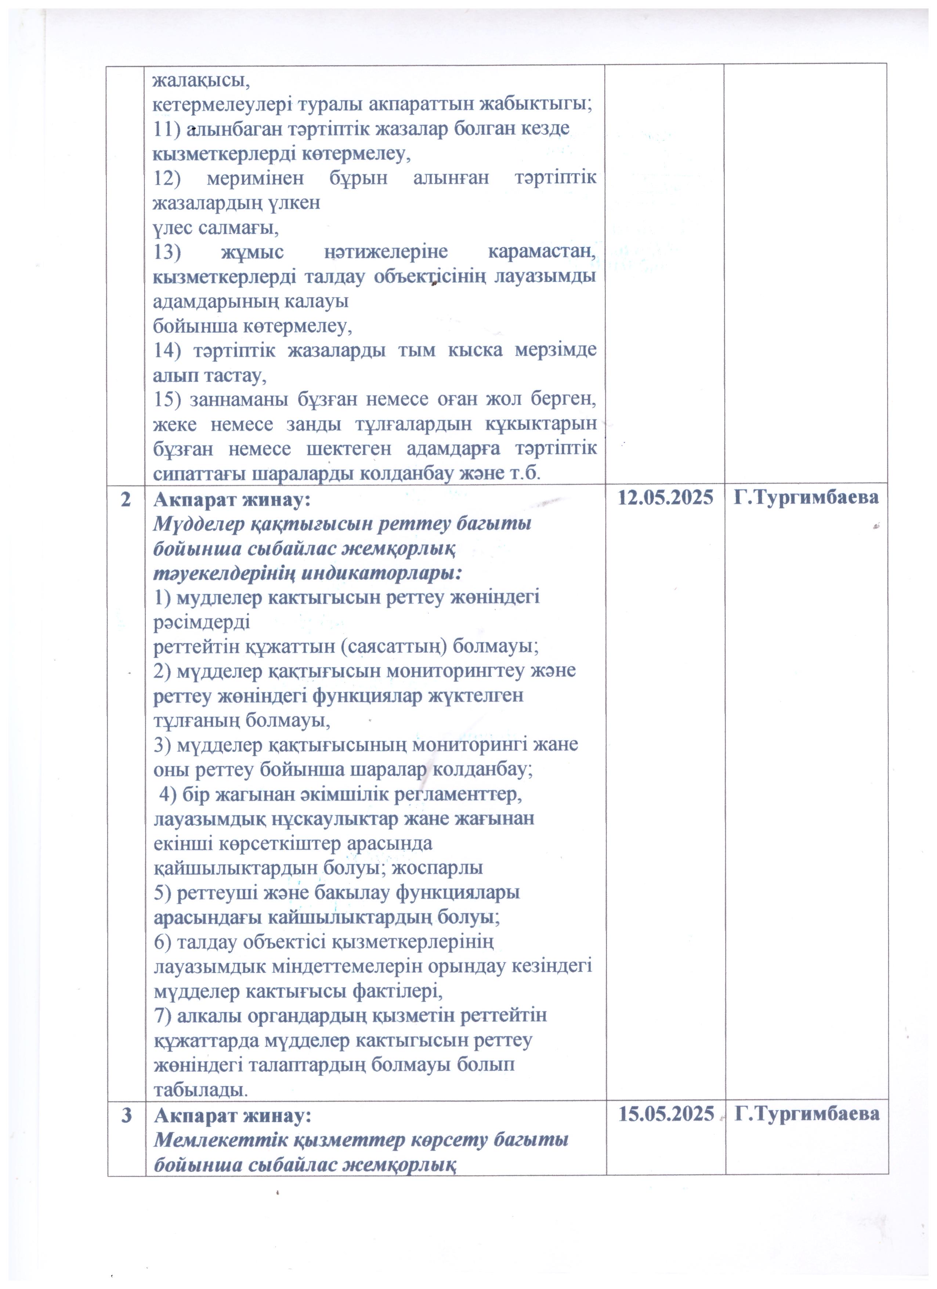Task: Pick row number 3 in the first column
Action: tap(126, 1115)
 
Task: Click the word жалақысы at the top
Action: tap(202, 80)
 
